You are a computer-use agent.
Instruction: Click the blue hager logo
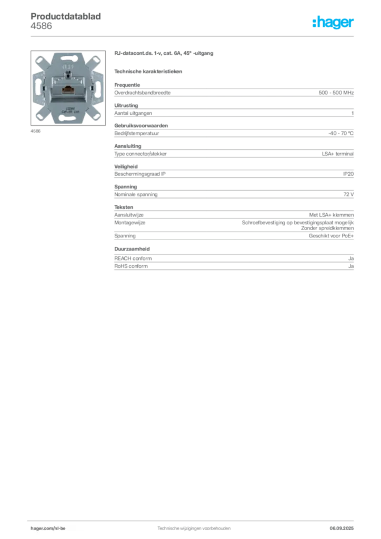click(x=334, y=23)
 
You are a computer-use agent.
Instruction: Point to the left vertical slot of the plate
click(x=38, y=87)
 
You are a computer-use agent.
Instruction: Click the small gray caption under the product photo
click(x=35, y=131)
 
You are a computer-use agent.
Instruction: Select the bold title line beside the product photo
click(x=164, y=55)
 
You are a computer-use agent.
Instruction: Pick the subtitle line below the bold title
click(x=149, y=71)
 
